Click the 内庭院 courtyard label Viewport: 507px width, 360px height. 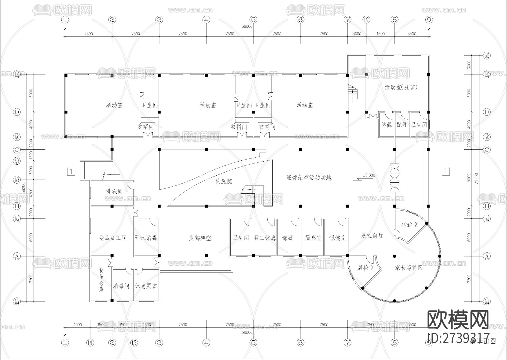[x=224, y=181]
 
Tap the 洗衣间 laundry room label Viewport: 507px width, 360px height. [x=114, y=192]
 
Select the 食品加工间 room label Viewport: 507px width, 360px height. [x=112, y=238]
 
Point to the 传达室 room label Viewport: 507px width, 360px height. [x=410, y=225]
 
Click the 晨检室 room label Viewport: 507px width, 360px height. [x=366, y=268]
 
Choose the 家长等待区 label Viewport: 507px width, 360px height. [x=408, y=268]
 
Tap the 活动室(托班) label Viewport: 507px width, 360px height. [x=401, y=87]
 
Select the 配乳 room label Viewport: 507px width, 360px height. [x=402, y=124]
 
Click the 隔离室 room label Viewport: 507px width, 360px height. [x=313, y=238]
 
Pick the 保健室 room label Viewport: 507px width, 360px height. [x=337, y=238]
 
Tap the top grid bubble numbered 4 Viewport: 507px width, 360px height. [x=206, y=20]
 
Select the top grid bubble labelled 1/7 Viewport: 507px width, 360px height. [x=366, y=20]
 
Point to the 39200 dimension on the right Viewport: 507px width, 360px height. [x=476, y=178]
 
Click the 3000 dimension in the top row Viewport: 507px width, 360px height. [x=357, y=34]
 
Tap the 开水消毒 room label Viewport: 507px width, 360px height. [x=146, y=238]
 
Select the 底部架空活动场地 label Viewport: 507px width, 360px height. [x=309, y=178]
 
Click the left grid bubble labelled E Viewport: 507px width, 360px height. [x=17, y=75]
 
